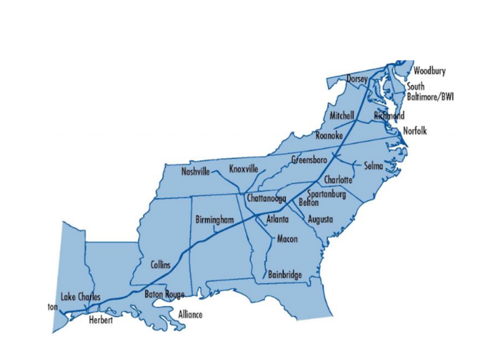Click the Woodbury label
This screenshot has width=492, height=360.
430,71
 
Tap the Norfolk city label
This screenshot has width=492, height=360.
415,131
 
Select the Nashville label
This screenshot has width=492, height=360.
196,172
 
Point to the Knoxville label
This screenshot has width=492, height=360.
244,169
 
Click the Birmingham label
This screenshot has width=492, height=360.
215,220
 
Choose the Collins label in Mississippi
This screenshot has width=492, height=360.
160,265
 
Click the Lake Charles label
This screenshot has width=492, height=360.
81,297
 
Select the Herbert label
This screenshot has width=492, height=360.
101,320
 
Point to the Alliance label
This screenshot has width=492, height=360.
190,315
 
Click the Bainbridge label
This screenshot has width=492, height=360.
285,275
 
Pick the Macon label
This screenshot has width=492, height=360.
287,239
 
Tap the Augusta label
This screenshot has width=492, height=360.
320,219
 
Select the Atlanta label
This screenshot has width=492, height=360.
277,220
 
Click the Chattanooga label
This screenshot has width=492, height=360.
267,198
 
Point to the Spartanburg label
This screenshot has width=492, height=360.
326,194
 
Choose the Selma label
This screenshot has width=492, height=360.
373,166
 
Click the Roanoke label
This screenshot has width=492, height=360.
329,136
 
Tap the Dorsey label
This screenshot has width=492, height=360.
357,78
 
